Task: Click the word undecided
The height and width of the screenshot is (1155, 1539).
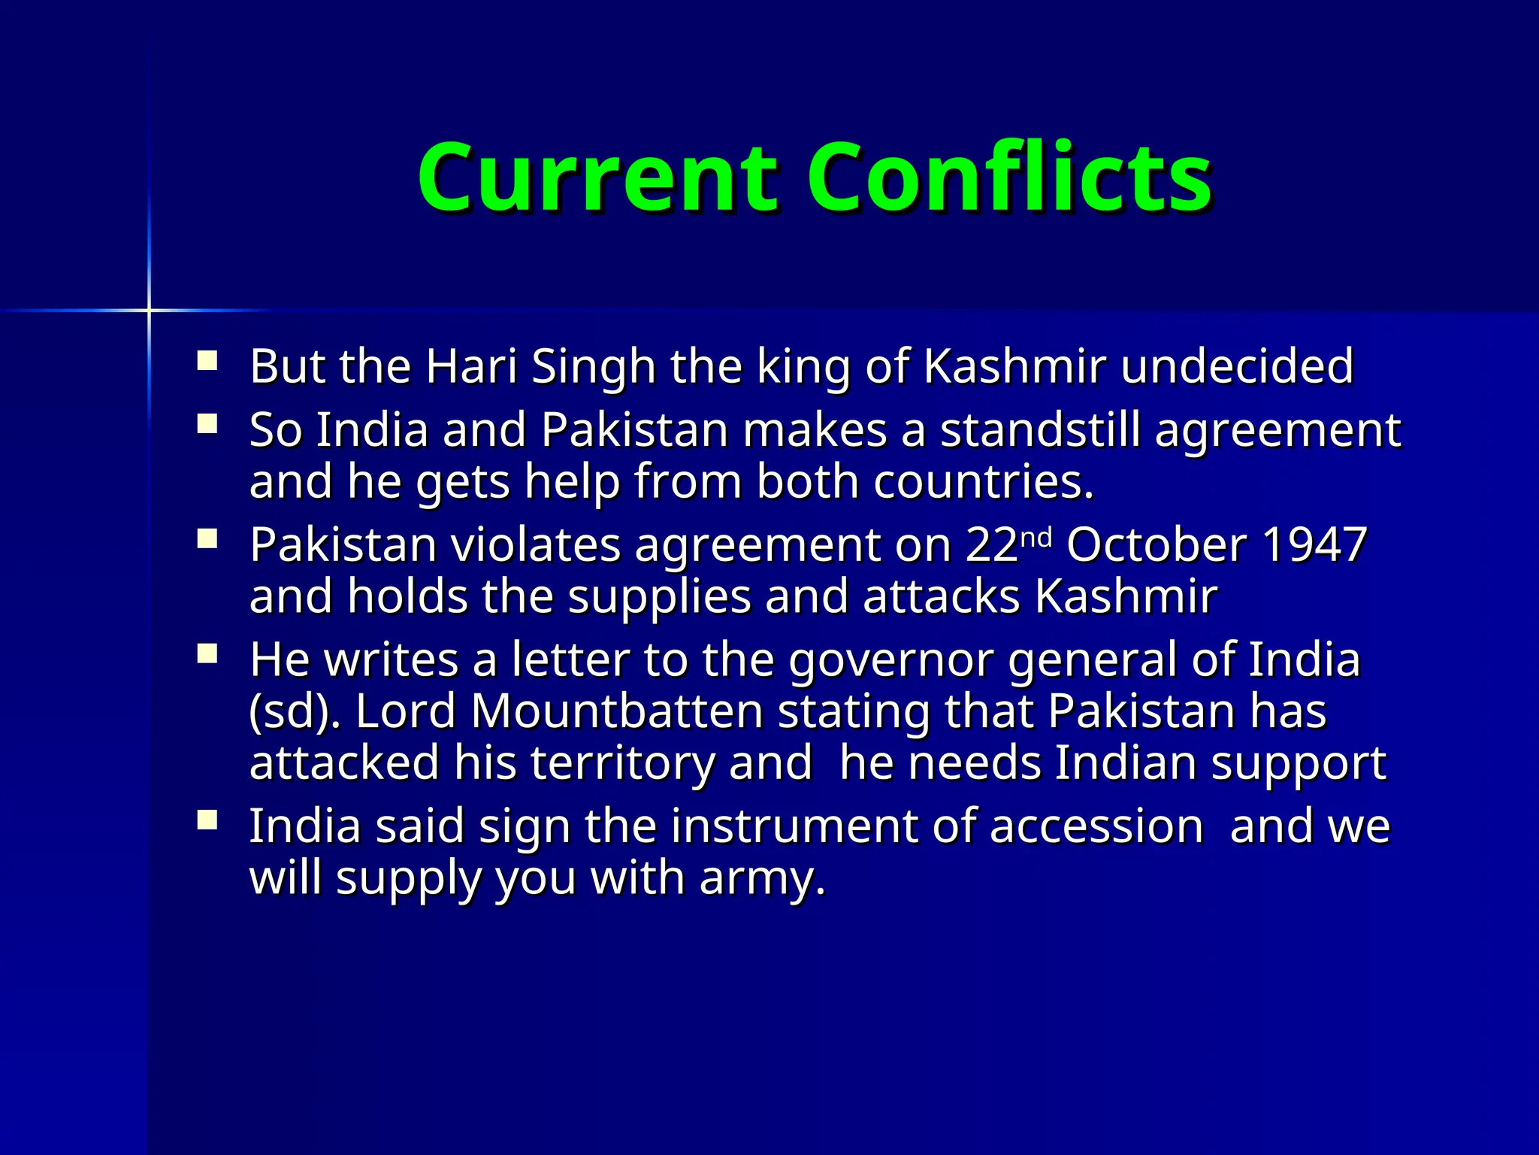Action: point(1237,366)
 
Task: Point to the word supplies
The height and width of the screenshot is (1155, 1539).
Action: point(659,597)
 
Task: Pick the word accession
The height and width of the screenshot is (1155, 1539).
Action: point(1096,826)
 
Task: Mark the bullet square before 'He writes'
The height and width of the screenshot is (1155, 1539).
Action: point(207,654)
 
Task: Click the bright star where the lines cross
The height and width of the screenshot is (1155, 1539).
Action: point(149,310)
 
